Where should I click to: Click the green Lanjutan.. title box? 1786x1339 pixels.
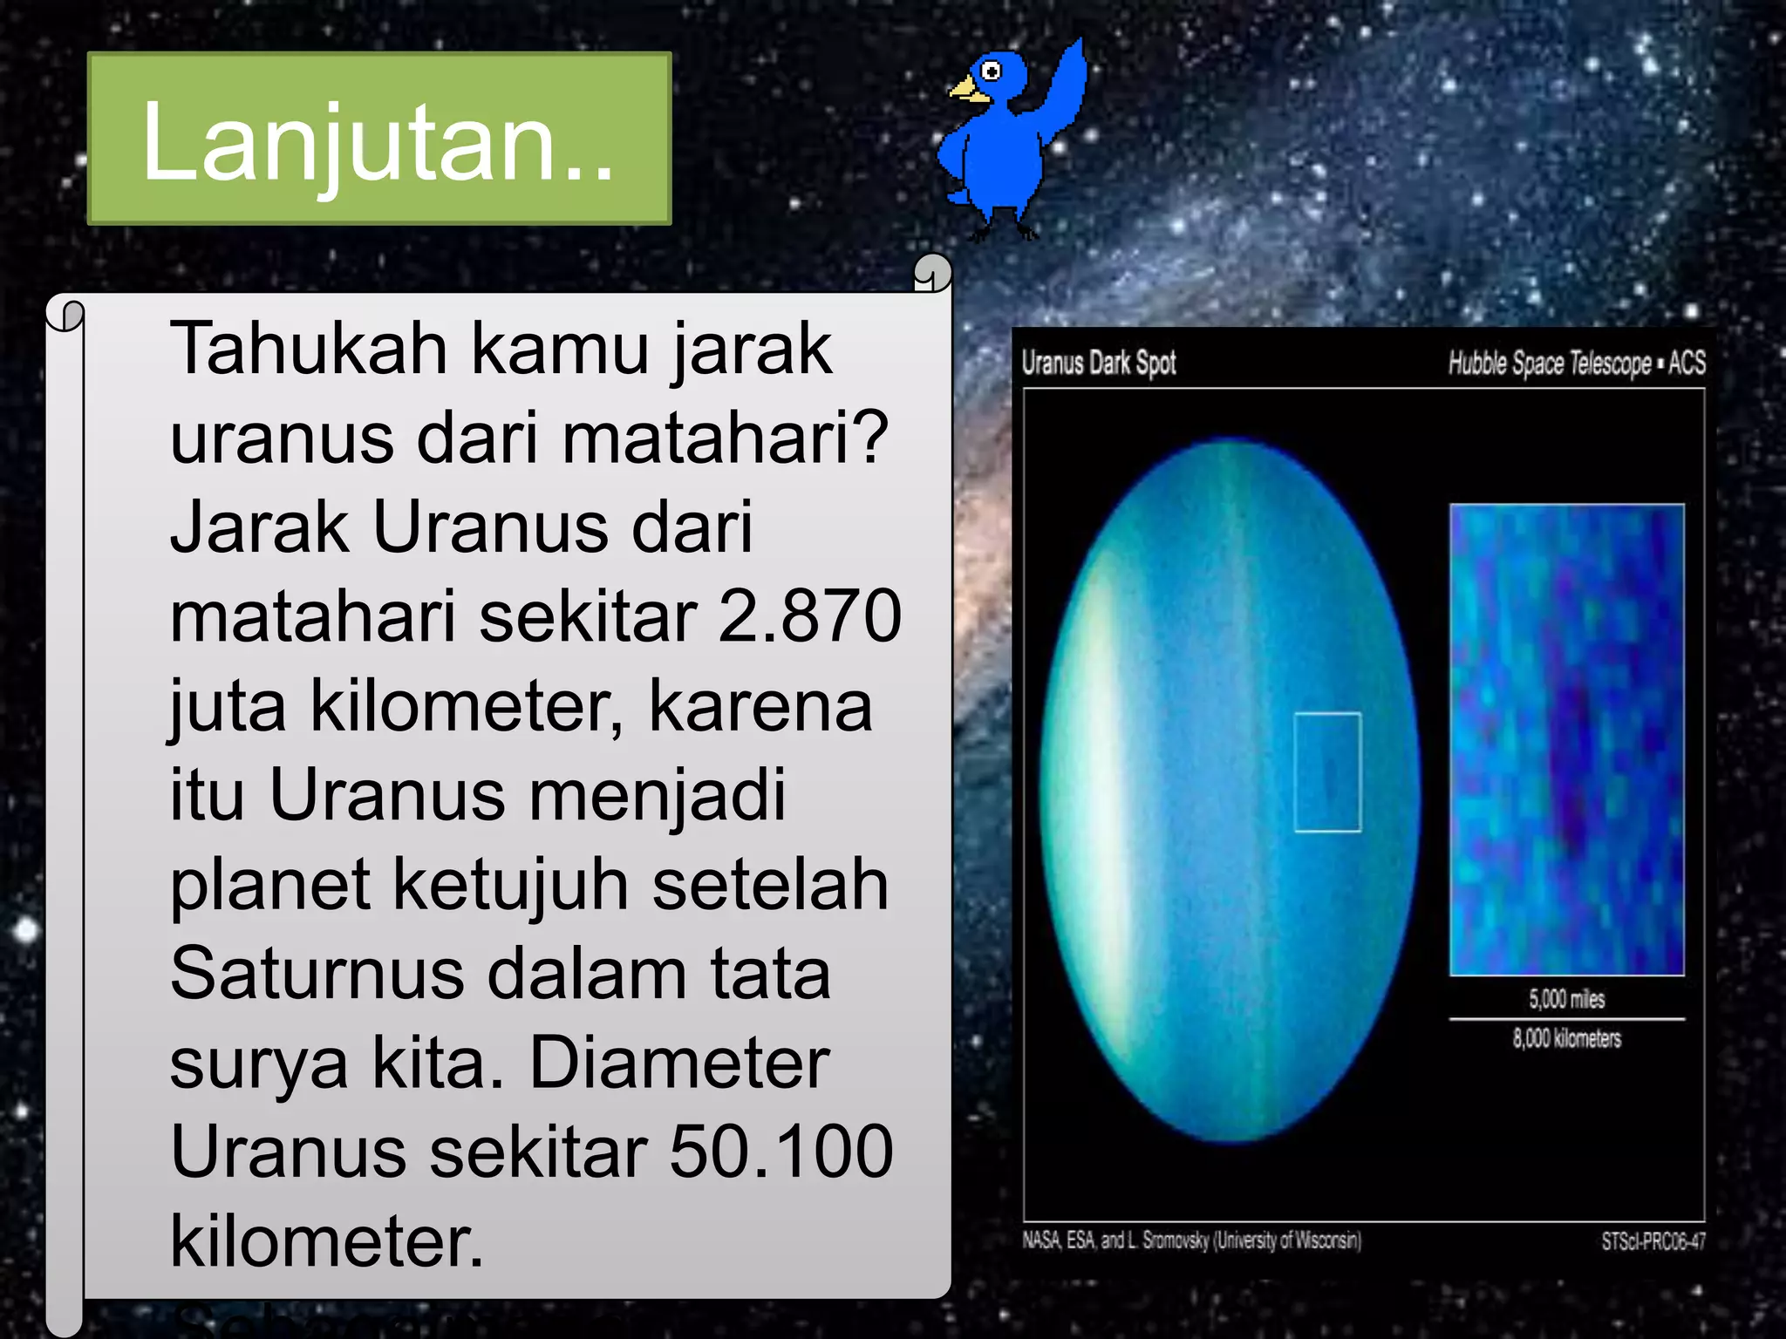click(379, 139)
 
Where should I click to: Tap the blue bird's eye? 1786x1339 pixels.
click(991, 71)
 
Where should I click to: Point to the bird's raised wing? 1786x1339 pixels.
click(1065, 82)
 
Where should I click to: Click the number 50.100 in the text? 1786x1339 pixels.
click(781, 1152)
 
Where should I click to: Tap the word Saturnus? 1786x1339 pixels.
click(317, 974)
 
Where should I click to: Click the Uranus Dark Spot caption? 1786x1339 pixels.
click(1099, 363)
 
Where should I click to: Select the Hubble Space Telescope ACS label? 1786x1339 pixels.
click(1576, 363)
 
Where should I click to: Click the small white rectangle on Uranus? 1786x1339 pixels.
click(1327, 772)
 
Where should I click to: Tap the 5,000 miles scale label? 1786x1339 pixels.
click(1566, 999)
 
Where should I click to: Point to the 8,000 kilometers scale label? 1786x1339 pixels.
click(1566, 1038)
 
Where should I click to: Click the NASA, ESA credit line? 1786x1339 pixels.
click(1191, 1240)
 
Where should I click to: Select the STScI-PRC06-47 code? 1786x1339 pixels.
click(1653, 1240)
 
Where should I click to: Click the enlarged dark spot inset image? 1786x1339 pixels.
click(1566, 739)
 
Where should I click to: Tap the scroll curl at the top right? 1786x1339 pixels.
click(932, 273)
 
